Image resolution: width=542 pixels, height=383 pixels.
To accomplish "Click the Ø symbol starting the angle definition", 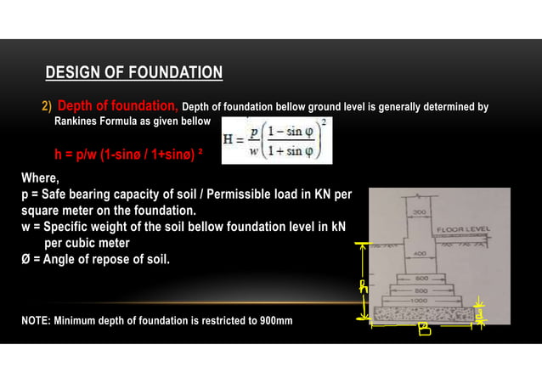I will tap(26, 258).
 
